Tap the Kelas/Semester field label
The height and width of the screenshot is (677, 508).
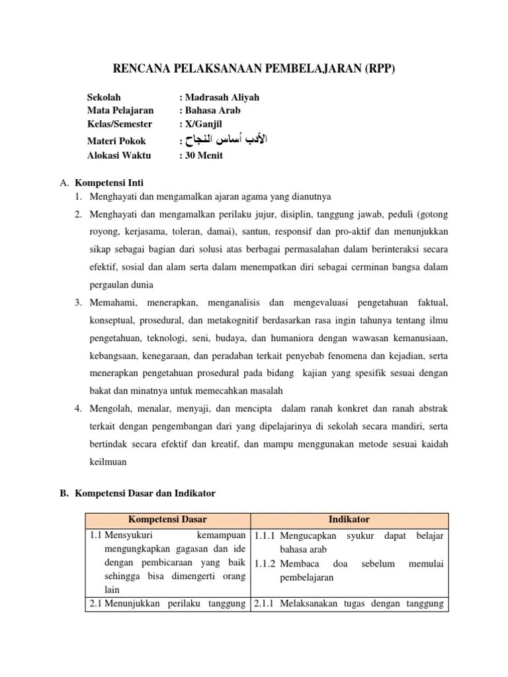tap(120, 124)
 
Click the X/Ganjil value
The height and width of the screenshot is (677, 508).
tap(206, 124)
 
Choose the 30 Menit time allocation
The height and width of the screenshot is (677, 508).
tap(203, 155)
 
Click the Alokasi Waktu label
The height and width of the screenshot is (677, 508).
tap(119, 155)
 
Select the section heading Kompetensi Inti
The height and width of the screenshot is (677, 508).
tap(109, 182)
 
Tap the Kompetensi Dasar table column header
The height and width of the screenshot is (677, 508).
tap(167, 520)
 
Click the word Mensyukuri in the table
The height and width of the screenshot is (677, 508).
tap(130, 536)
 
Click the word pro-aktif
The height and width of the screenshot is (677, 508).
tap(337, 232)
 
